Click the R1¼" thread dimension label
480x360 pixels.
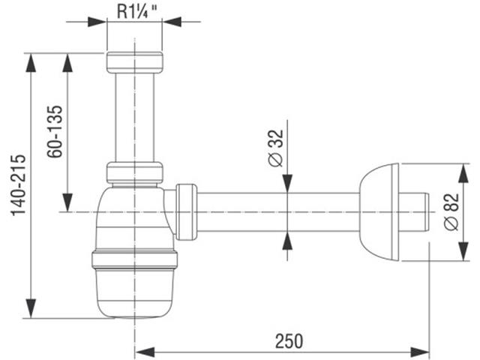point(137,12)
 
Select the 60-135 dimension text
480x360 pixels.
point(55,132)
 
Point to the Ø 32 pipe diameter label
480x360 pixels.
point(276,148)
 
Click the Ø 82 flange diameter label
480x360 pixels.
point(451,211)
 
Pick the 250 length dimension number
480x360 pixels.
point(289,341)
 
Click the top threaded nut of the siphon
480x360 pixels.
point(135,62)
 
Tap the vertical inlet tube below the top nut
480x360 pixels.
point(135,118)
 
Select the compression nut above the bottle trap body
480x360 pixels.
point(135,172)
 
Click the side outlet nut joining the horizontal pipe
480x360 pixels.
point(186,211)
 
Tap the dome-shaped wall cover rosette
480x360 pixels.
point(379,212)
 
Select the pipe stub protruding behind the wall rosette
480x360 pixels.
point(414,211)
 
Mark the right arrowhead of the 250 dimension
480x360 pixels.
point(420,352)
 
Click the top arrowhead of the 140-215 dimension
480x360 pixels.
point(31,63)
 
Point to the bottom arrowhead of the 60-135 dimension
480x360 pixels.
point(67,202)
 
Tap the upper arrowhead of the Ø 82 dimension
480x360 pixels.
point(463,173)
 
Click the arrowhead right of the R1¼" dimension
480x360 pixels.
point(172,22)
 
